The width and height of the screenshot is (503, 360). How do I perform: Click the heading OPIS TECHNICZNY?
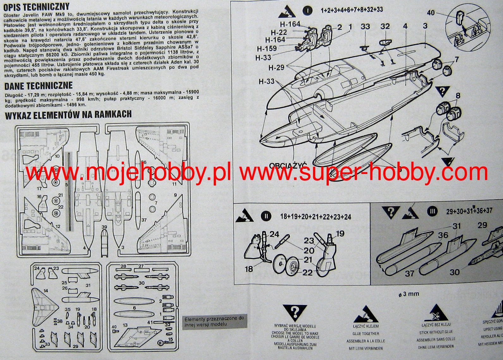36,7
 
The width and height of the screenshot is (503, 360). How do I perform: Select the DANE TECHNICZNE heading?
38,86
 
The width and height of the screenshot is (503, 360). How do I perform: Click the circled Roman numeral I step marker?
307,10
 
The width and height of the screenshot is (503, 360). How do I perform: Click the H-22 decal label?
279,32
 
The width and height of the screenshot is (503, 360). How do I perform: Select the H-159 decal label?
267,49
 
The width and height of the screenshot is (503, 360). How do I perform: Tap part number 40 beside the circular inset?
431,13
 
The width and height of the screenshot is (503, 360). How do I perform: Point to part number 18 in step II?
249,269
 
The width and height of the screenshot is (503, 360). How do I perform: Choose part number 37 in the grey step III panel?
409,273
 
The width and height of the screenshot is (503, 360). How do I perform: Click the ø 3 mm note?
409,294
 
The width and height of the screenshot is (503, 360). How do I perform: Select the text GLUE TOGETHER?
365,333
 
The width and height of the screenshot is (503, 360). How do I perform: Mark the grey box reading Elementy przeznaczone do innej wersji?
214,321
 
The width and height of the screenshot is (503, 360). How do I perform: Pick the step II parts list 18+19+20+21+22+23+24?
316,217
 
